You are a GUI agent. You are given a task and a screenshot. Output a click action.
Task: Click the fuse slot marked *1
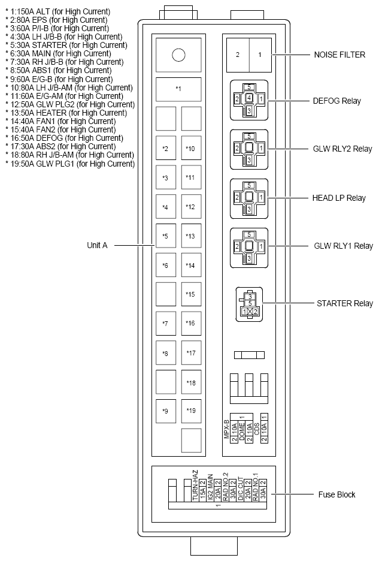(x=178, y=89)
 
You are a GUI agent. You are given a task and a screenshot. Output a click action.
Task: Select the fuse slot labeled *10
(x=190, y=148)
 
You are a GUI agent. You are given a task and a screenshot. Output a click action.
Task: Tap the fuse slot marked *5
(x=165, y=236)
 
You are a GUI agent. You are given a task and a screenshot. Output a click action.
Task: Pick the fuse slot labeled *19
(x=190, y=411)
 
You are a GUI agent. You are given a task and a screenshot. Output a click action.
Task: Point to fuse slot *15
(x=190, y=294)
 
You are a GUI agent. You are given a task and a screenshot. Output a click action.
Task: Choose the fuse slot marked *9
(x=165, y=411)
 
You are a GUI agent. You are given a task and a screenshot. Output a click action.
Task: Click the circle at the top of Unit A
(x=178, y=55)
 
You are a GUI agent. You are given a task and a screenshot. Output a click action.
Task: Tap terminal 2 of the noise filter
(x=237, y=55)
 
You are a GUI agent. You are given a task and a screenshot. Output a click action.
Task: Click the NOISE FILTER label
(x=339, y=55)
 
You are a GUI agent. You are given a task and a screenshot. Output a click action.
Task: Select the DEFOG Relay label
(x=337, y=101)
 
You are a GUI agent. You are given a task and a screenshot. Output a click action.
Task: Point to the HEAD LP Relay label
(x=338, y=198)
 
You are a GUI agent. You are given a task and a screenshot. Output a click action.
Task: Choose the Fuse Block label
(x=336, y=494)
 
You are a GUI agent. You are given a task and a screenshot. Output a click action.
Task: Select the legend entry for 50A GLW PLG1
(x=70, y=164)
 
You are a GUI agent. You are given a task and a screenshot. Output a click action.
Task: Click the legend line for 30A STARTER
(x=64, y=45)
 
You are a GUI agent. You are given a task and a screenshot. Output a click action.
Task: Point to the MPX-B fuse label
(x=228, y=429)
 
